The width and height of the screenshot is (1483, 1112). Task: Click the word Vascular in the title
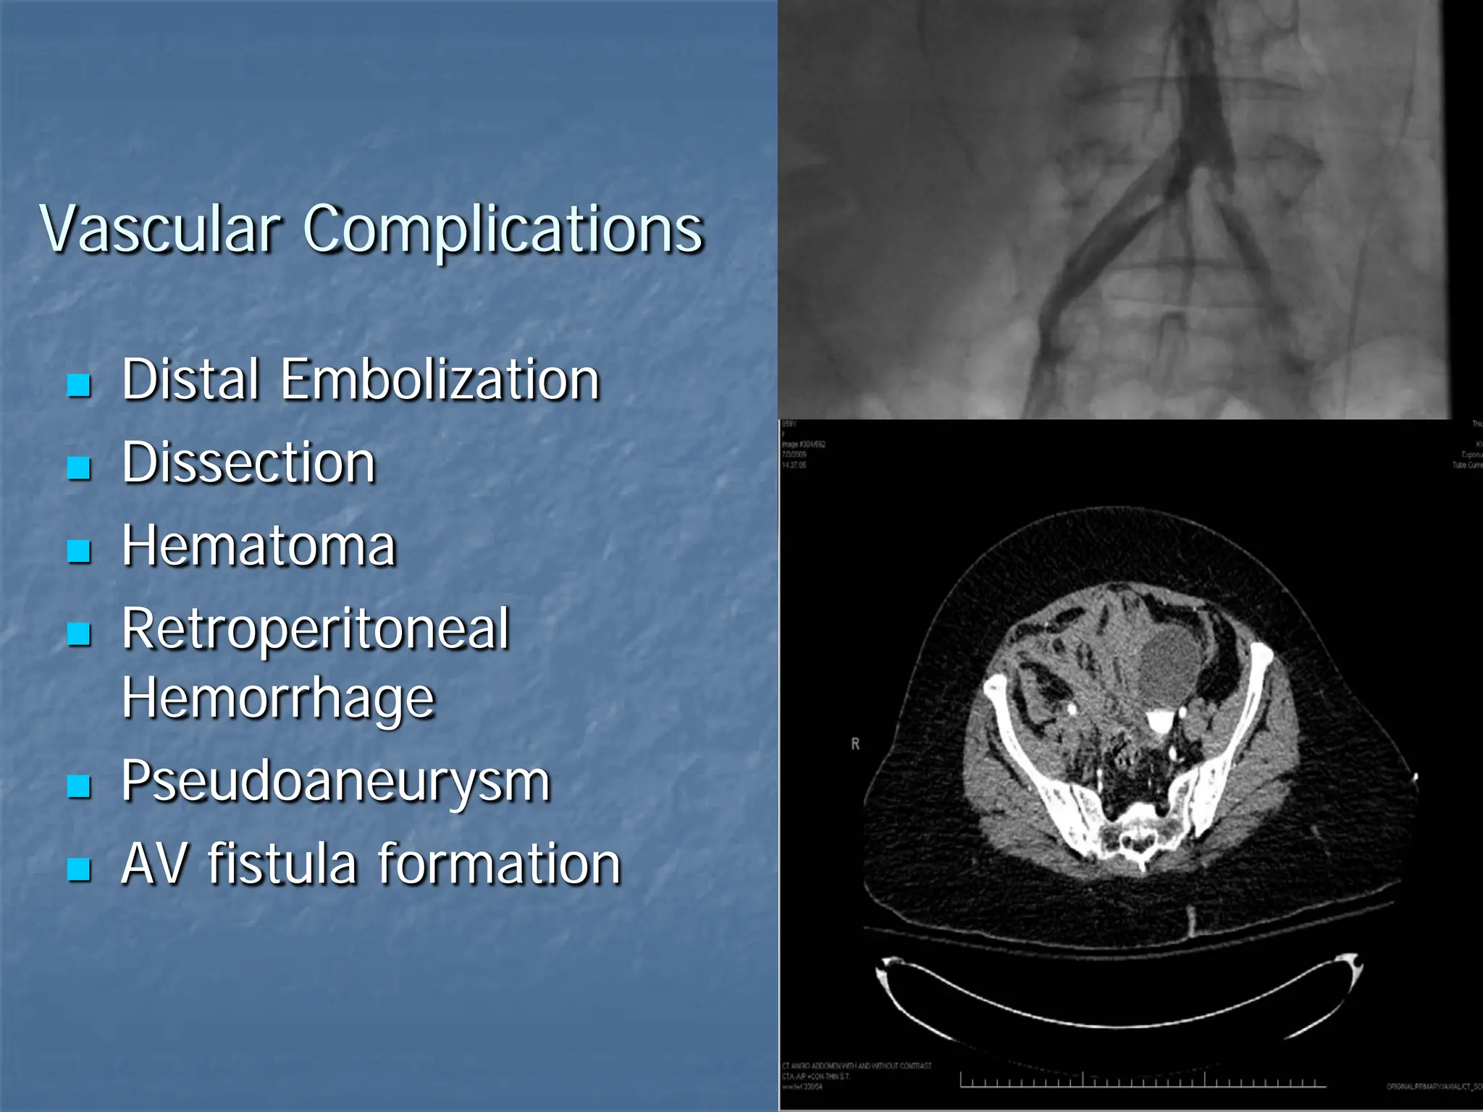(160, 229)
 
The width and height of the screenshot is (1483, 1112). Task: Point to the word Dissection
(248, 463)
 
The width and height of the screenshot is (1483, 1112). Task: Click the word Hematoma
(259, 546)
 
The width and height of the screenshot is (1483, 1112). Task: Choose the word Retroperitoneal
(316, 629)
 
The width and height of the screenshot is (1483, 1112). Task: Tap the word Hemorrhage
(278, 698)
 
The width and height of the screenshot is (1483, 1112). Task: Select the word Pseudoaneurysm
(336, 782)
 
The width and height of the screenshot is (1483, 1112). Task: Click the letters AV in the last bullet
(153, 864)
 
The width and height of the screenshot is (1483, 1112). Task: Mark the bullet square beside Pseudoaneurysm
(79, 786)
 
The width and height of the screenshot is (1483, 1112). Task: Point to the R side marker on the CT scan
(855, 744)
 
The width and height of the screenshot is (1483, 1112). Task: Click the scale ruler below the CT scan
(1143, 1082)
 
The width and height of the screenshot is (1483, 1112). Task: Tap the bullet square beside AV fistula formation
(79, 869)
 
